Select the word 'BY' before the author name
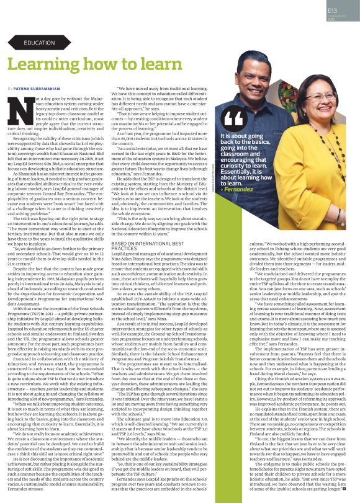click(11, 89)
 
